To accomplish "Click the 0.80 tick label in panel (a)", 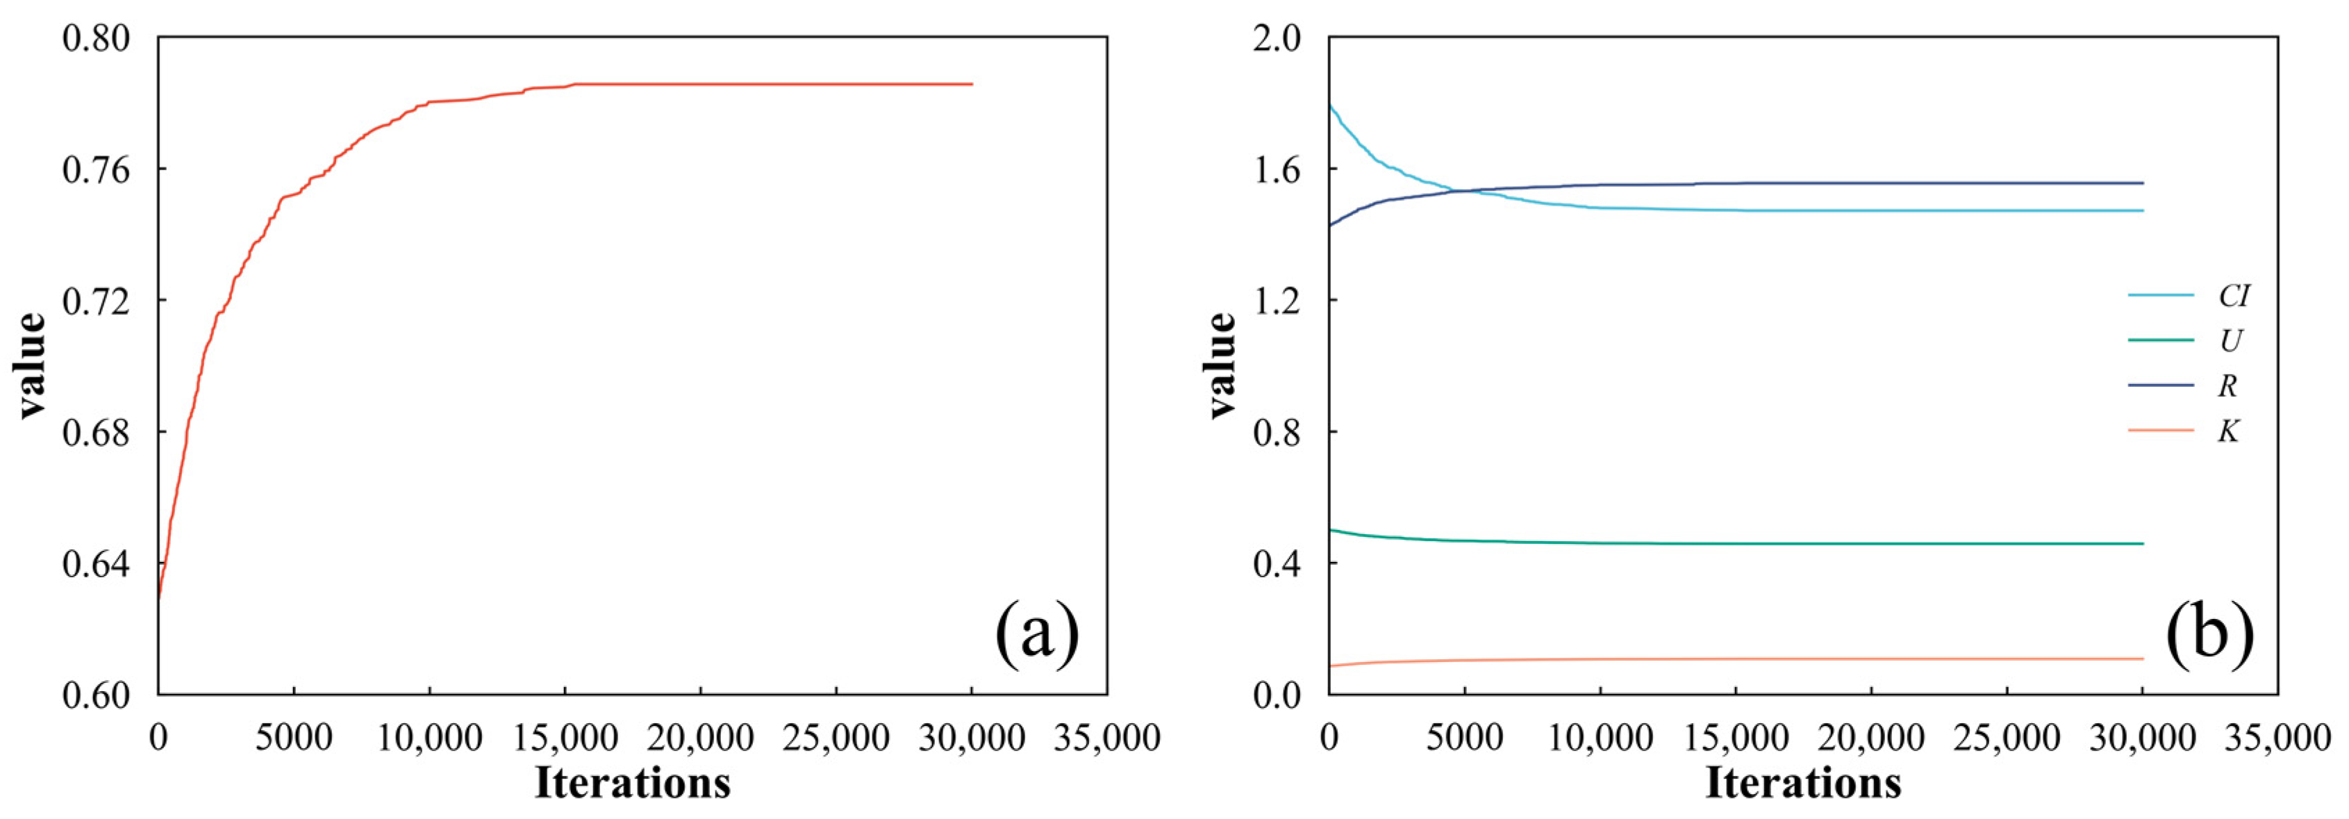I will (97, 38).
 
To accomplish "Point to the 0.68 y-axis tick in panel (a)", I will (97, 432).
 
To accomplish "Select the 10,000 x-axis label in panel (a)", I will (429, 737).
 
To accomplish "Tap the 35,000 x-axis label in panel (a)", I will (1106, 737).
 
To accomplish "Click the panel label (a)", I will (1037, 632).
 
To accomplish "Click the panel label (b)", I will (2209, 632).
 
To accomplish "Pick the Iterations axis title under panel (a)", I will (632, 782).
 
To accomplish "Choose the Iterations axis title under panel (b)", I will (1803, 782).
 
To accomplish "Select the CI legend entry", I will (2233, 295).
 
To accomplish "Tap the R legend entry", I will (2227, 386).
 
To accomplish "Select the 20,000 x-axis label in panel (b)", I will (1871, 737).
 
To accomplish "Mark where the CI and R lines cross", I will (1459, 190).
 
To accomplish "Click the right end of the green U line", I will (2142, 543).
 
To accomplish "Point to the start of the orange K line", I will (1331, 665).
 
